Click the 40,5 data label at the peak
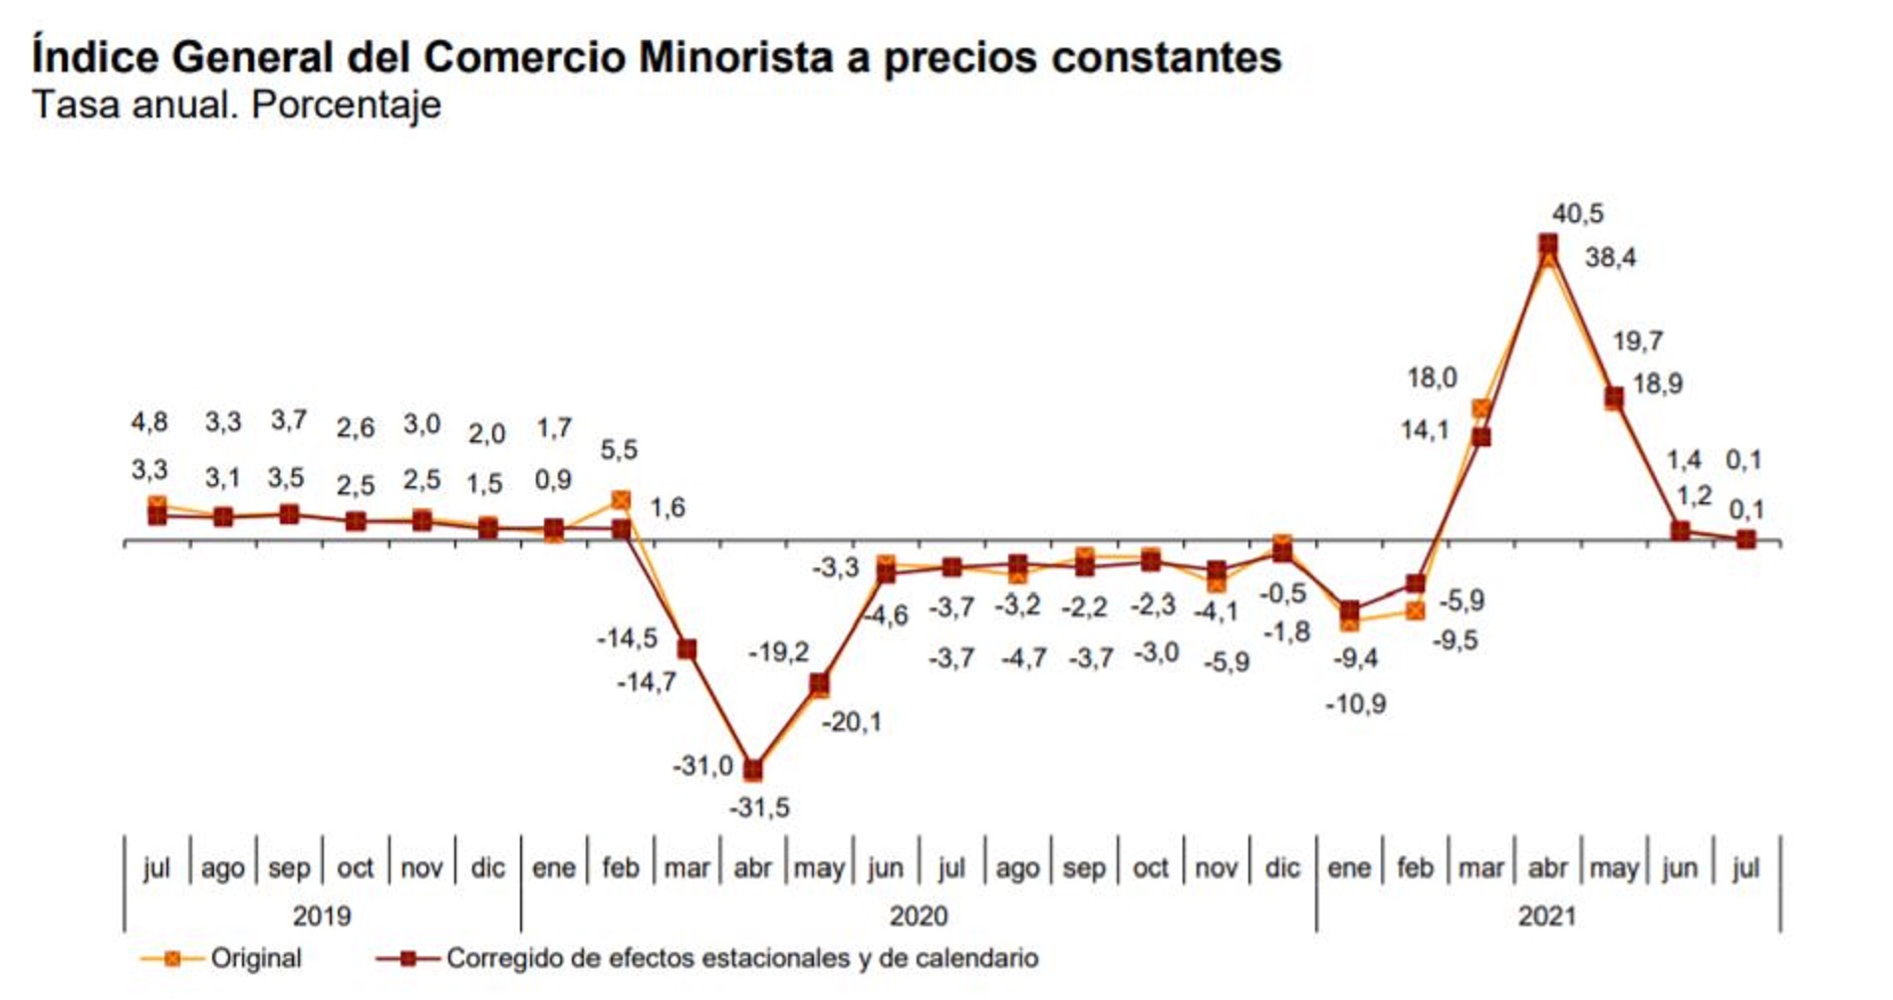(1577, 214)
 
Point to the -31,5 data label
(759, 807)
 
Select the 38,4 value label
(1610, 258)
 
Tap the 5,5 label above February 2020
(619, 450)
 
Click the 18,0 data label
(1432, 378)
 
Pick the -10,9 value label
(1355, 704)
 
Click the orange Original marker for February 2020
(620, 500)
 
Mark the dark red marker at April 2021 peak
(1547, 244)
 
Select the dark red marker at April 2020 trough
(753, 770)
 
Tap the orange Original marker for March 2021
(1482, 409)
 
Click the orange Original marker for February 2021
(1415, 611)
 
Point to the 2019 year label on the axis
(322, 915)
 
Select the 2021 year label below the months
(1546, 915)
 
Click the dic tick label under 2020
(1282, 869)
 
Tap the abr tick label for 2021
(1547, 869)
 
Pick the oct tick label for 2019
(355, 869)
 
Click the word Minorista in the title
(735, 57)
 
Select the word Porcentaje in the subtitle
(346, 105)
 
